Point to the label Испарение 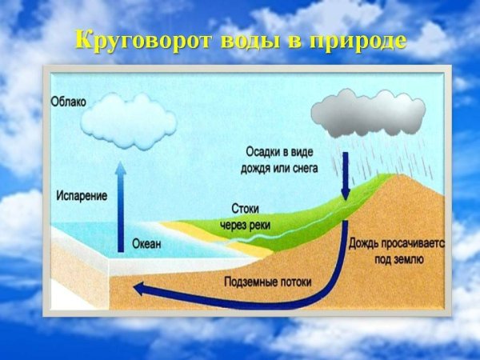[x=82, y=194]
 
